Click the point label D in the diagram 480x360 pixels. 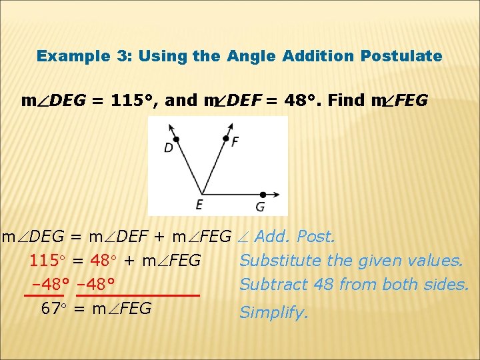169,147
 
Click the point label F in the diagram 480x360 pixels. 235,141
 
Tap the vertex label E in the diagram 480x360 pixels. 199,205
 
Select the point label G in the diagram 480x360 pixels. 260,207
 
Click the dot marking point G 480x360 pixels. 262,194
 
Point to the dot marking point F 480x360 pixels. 225,139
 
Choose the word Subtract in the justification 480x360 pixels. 268,285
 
